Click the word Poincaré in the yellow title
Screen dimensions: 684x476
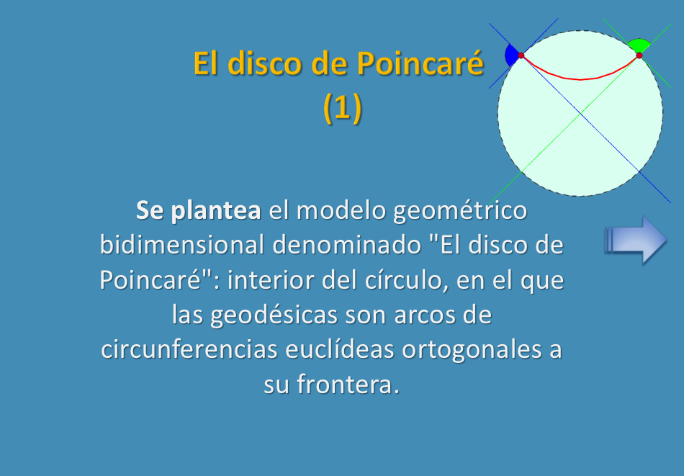(420, 63)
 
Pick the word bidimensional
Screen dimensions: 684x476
(182, 244)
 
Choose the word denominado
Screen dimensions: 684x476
(347, 244)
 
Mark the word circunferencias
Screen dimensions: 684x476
(189, 349)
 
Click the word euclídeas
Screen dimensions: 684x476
(339, 349)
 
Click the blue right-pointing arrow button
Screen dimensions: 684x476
(636, 240)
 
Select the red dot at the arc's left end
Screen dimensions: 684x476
(521, 55)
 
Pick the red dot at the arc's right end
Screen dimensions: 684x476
(639, 55)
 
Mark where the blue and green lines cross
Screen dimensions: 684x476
(580, 114)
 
